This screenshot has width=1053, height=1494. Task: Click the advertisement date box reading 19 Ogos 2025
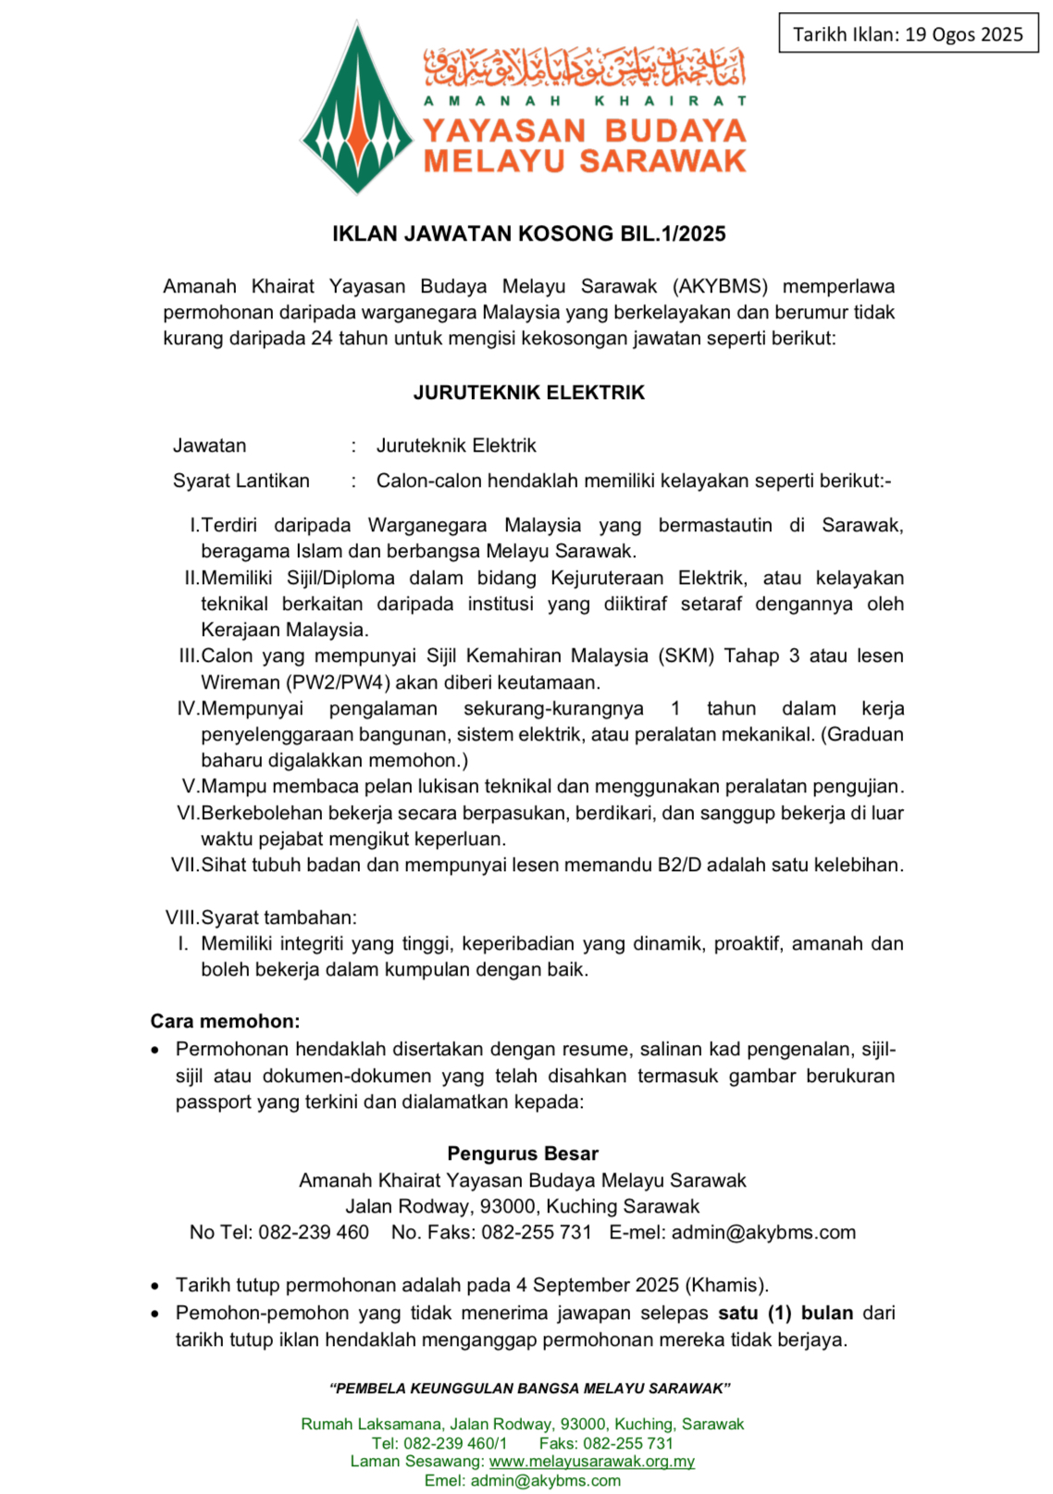pyautogui.click(x=908, y=34)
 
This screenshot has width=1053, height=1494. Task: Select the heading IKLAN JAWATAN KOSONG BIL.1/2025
pyautogui.click(x=528, y=233)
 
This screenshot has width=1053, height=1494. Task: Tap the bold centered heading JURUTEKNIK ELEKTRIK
pyautogui.click(x=528, y=392)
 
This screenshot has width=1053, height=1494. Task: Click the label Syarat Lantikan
pyautogui.click(x=241, y=480)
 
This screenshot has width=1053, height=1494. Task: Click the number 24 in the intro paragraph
pyautogui.click(x=321, y=338)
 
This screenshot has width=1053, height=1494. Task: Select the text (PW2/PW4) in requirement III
pyautogui.click(x=338, y=682)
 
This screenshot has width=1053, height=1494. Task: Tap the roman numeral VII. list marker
pyautogui.click(x=184, y=865)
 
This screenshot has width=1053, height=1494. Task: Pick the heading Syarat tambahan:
pyautogui.click(x=279, y=917)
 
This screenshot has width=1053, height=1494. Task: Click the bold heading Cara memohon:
pyautogui.click(x=225, y=1021)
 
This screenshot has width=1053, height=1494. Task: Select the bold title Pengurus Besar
pyautogui.click(x=523, y=1153)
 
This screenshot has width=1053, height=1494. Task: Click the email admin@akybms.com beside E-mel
pyautogui.click(x=763, y=1232)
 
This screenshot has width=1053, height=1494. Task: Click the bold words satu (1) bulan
pyautogui.click(x=786, y=1313)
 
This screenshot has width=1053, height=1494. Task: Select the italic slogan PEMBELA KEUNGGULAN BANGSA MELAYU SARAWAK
pyautogui.click(x=530, y=1388)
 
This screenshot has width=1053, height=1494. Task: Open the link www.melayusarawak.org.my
pyautogui.click(x=591, y=1461)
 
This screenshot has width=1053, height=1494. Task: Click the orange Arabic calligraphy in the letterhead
pyautogui.click(x=585, y=65)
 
